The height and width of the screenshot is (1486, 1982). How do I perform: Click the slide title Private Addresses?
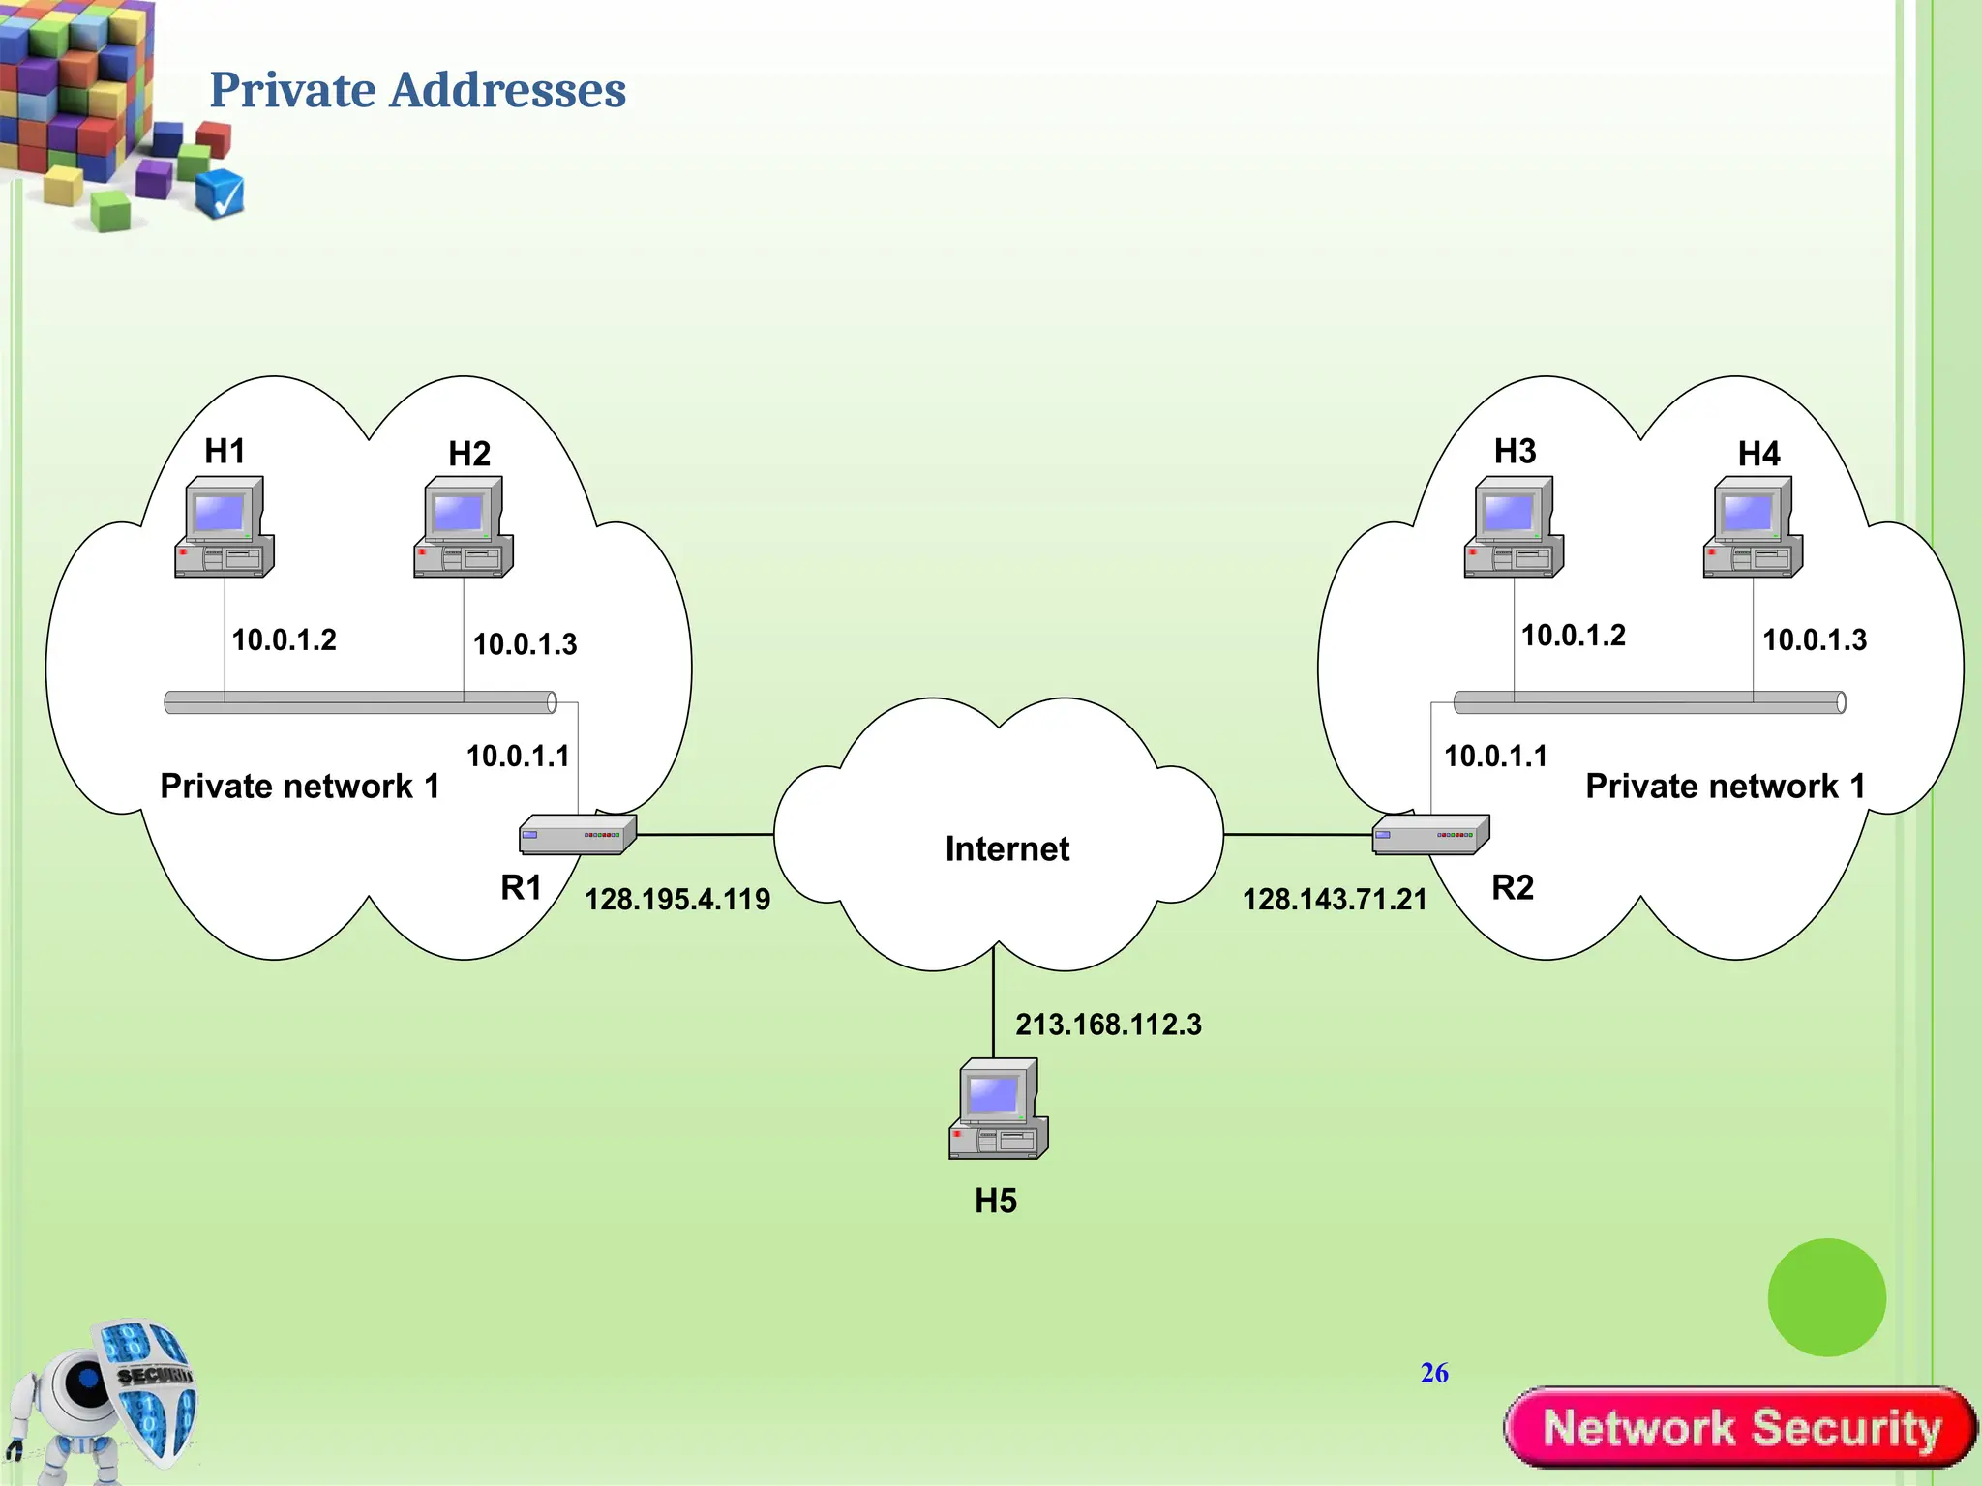(417, 90)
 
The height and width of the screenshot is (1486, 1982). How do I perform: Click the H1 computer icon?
(225, 527)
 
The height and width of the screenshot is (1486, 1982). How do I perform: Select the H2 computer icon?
(464, 527)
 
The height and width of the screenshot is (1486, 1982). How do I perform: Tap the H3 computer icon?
(1514, 527)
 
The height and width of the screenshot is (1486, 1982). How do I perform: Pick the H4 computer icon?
(1753, 527)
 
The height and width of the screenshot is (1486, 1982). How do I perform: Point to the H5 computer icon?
(999, 1109)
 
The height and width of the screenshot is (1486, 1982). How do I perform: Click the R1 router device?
(578, 834)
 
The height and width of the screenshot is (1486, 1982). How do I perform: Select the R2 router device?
(1430, 834)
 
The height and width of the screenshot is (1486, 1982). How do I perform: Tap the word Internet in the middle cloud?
(1006, 848)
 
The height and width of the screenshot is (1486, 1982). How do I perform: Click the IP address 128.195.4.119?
(677, 899)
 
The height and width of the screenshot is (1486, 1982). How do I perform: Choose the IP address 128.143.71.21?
(1335, 899)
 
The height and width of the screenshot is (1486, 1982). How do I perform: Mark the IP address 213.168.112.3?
(1108, 1024)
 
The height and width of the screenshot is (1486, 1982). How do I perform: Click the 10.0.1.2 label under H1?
(285, 639)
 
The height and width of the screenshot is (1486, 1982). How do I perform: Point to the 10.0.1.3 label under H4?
(1815, 639)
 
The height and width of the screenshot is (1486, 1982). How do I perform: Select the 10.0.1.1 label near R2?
(1495, 756)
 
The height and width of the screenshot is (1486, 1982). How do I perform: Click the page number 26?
(1434, 1373)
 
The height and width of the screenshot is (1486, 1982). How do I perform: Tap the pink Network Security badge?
(1740, 1428)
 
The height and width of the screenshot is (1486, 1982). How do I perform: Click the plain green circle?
(1826, 1297)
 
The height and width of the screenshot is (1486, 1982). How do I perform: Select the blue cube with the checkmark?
(220, 193)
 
